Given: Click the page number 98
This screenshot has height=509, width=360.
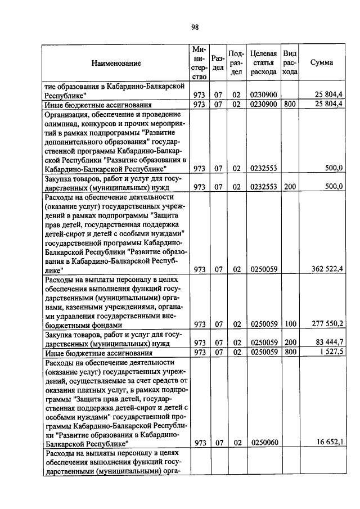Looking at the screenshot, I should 195,27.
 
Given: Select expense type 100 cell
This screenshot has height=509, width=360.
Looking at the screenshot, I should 290,324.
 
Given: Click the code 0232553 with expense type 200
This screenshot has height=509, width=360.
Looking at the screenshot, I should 264,186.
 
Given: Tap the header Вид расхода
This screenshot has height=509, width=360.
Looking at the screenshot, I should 290,62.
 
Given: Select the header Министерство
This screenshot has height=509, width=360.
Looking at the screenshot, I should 199,62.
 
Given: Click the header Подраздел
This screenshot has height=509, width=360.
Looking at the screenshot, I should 237,62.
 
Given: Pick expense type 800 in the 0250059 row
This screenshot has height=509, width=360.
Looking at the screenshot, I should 290,353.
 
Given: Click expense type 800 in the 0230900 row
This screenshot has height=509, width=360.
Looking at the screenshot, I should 290,104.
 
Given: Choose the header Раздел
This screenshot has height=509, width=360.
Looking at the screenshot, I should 218,62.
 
